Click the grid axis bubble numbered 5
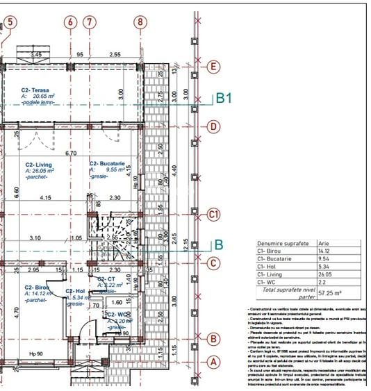pos(10,22)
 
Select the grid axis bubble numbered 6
pos(69,22)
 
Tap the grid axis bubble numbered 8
pos(140,22)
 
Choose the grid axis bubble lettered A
pos(214,361)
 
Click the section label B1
pos(223,99)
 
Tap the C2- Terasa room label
pos(35,90)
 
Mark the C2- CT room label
pos(106,278)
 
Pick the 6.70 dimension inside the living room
pos(71,153)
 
